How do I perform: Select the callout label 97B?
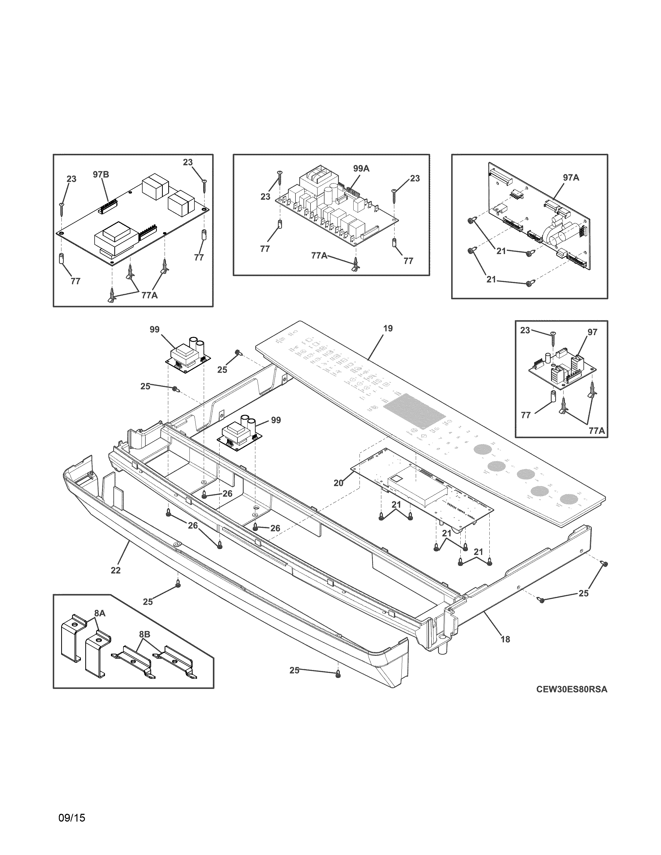[101, 175]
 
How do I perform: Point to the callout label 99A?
[361, 169]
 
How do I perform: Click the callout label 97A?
[571, 178]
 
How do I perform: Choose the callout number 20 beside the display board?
[338, 483]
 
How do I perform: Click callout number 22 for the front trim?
[116, 571]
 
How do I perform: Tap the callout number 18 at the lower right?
[505, 639]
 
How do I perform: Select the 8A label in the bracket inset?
[100, 614]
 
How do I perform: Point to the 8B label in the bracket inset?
[144, 633]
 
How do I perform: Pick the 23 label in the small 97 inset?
[525, 330]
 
